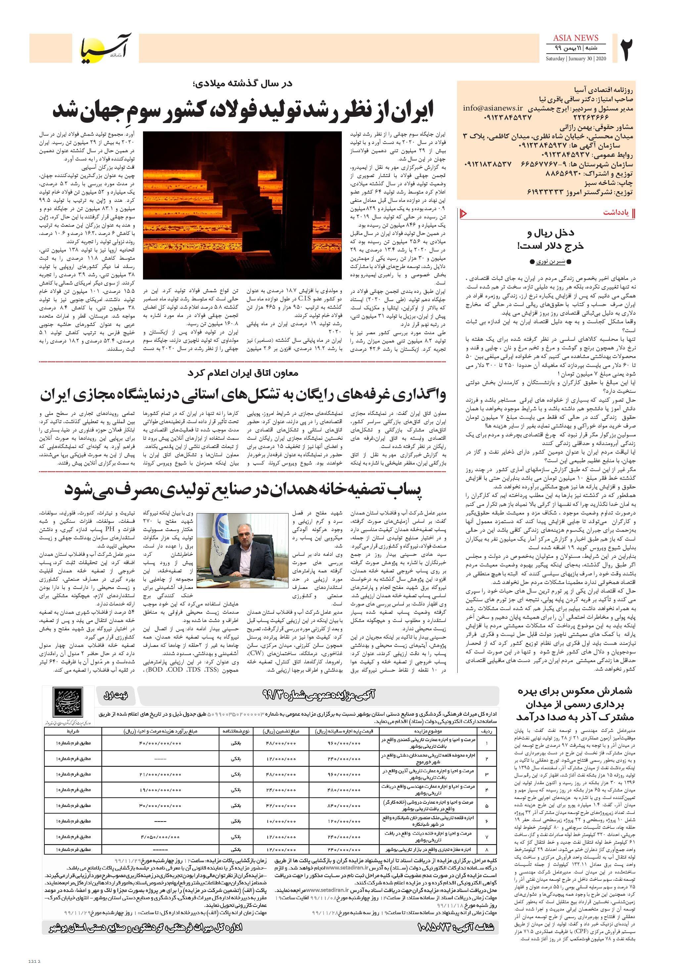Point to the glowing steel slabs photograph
[x=242, y=205]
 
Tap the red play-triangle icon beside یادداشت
[x=464, y=213]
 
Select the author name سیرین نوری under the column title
[x=550, y=261]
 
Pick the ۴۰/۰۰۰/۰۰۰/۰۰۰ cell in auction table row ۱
[x=160, y=743]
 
